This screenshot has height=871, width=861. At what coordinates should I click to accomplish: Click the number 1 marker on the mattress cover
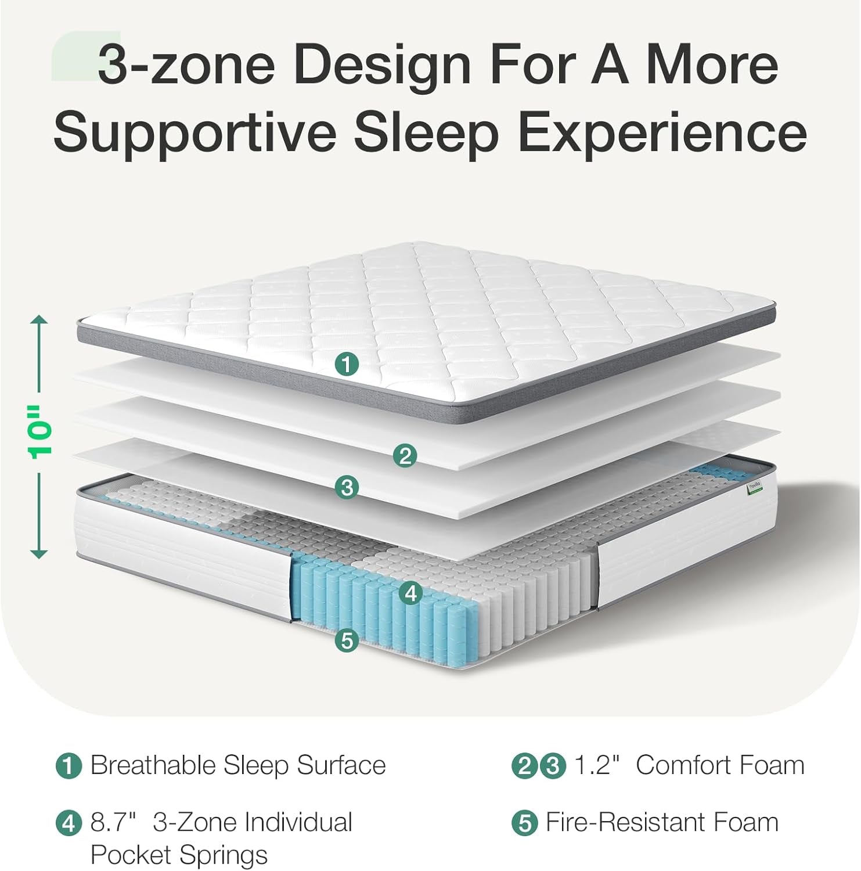[x=347, y=364]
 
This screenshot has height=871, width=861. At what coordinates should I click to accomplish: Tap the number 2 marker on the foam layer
[x=405, y=455]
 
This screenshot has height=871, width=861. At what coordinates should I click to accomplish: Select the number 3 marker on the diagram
[x=347, y=487]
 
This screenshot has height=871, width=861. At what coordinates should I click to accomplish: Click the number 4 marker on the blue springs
[x=411, y=593]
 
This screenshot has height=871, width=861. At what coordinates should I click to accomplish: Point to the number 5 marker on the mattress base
[x=347, y=640]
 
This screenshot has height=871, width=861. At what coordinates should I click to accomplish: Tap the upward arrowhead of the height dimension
[x=39, y=321]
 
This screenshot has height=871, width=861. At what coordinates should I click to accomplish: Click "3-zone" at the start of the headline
[x=186, y=65]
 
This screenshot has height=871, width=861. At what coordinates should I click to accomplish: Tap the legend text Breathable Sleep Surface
[x=238, y=765]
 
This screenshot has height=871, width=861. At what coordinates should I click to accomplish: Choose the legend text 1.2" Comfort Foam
[x=689, y=765]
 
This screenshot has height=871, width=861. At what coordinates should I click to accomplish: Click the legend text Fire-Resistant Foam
[x=662, y=822]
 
